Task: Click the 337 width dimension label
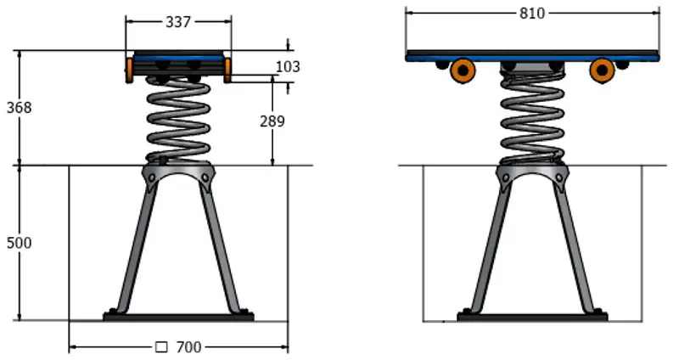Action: click(x=177, y=23)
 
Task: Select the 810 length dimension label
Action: click(x=531, y=13)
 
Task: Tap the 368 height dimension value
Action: click(x=17, y=108)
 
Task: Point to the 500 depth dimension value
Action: click(x=19, y=243)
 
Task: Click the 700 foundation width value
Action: click(x=189, y=347)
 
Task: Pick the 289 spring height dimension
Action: click(x=272, y=121)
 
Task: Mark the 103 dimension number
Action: click(x=288, y=66)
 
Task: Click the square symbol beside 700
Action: click(x=161, y=347)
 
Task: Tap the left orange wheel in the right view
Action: click(x=463, y=71)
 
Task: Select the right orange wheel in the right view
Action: click(x=602, y=71)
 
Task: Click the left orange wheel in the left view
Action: click(x=130, y=70)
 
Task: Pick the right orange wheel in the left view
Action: click(x=228, y=70)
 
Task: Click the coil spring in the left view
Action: click(x=178, y=119)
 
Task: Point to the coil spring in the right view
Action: click(x=531, y=119)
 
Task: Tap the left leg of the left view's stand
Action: click(x=136, y=246)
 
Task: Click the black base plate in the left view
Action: click(x=178, y=318)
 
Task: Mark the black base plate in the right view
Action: click(x=532, y=318)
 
